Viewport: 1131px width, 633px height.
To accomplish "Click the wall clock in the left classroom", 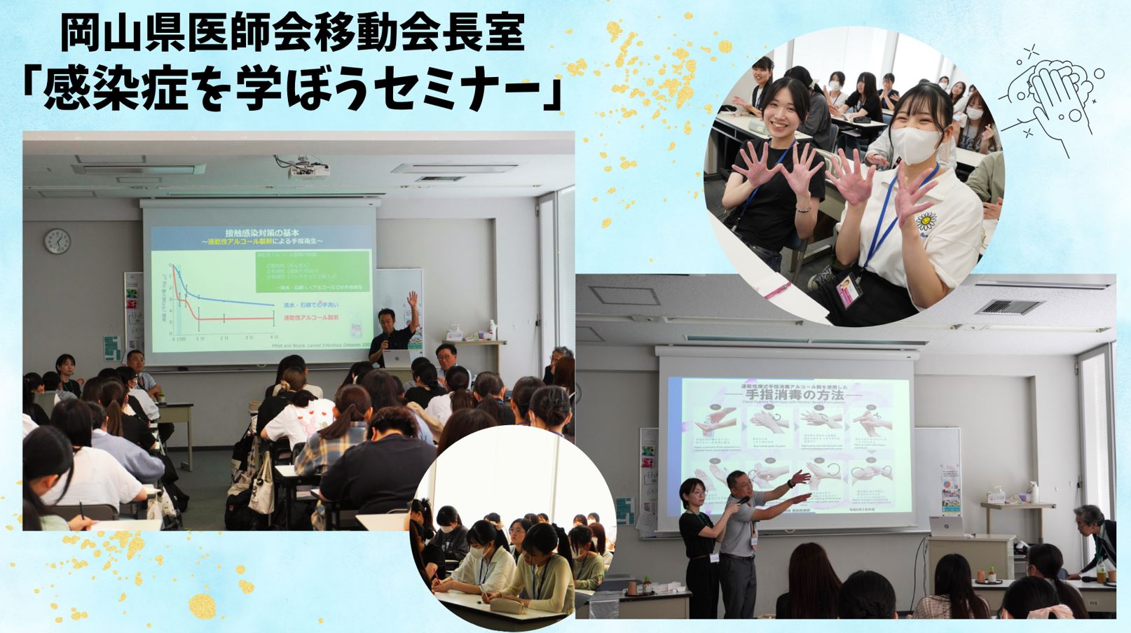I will [x=57, y=242].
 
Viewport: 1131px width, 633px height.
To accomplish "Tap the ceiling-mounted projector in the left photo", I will [x=309, y=169].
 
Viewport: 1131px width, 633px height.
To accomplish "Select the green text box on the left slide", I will [x=312, y=271].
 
